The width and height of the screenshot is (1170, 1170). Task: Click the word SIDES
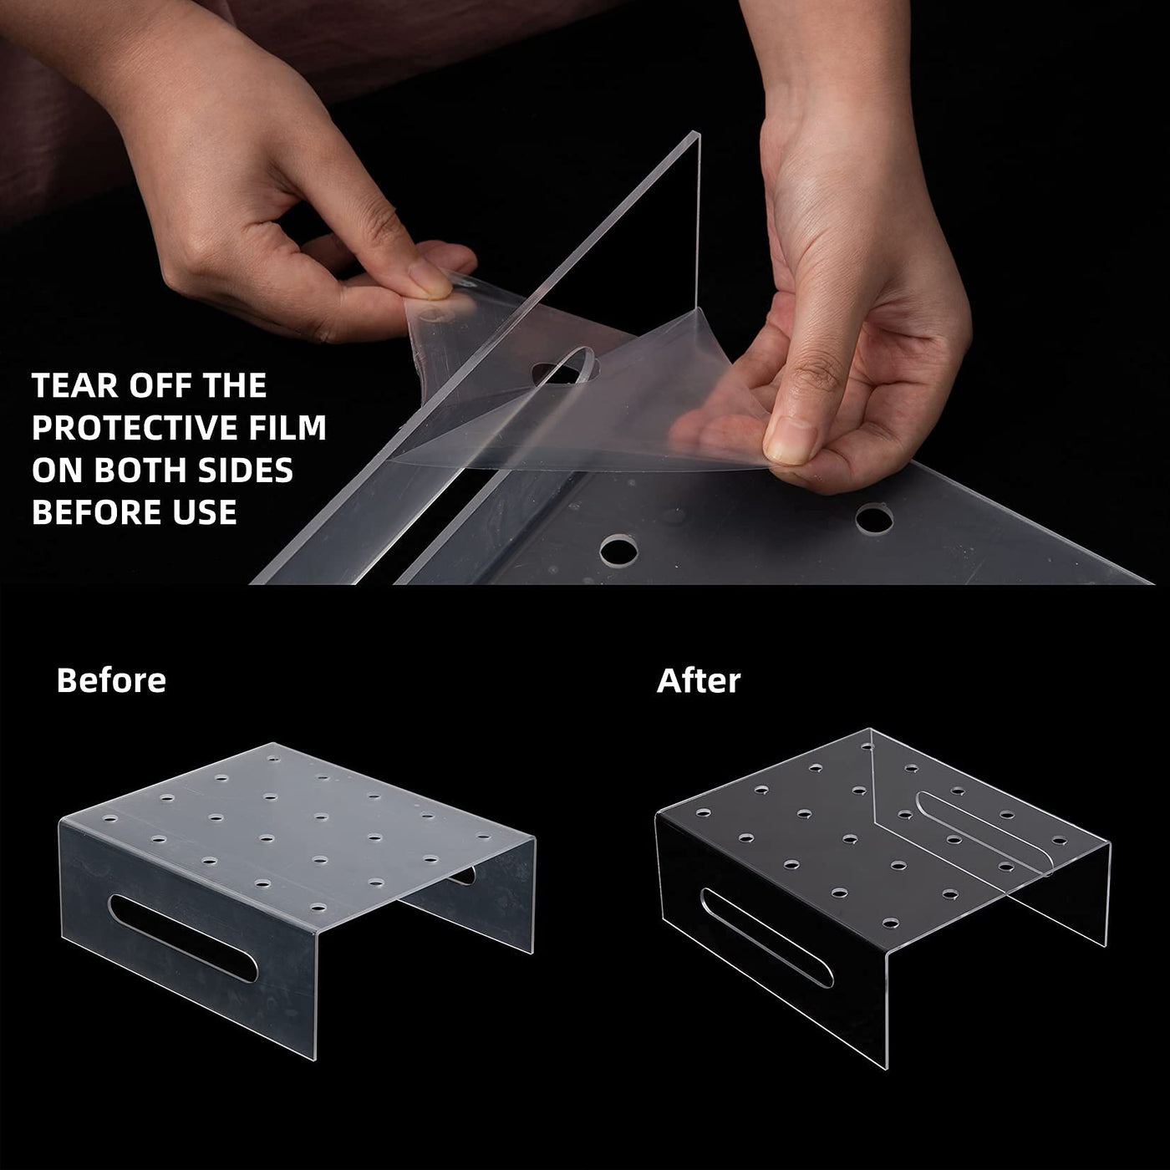pos(246,471)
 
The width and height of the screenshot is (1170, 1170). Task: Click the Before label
pos(111,680)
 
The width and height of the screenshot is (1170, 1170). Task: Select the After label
pos(698,680)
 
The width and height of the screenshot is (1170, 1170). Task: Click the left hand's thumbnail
pos(430,282)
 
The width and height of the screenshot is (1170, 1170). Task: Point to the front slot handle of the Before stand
pos(183,938)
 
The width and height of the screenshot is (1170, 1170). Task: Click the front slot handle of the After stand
pos(767,937)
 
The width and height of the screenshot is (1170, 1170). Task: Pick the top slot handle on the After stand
pos(984,832)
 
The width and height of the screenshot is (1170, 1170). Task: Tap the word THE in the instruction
pos(235,385)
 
